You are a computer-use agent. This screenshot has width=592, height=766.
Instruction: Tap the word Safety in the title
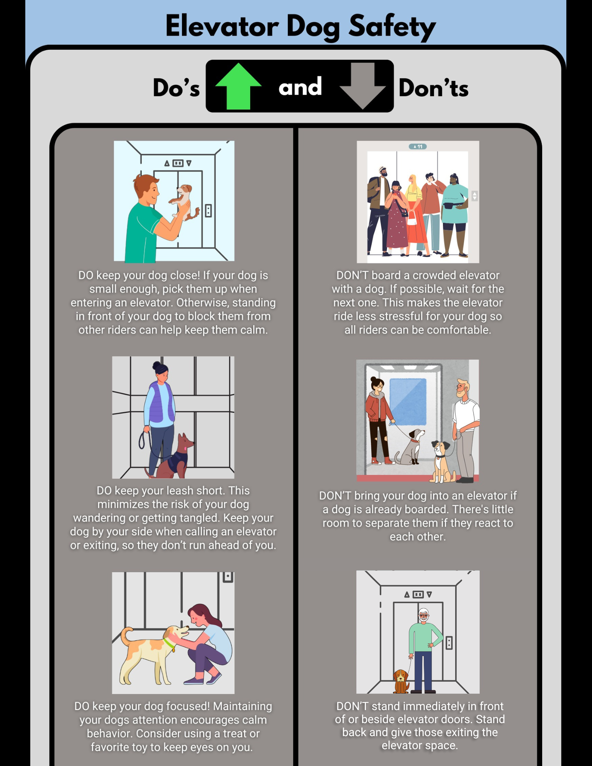coord(392,27)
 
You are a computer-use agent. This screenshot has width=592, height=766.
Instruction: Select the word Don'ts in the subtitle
coord(433,88)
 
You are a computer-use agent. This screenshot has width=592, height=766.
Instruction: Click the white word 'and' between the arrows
coord(300,87)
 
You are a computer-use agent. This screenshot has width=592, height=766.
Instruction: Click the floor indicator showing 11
coord(418,146)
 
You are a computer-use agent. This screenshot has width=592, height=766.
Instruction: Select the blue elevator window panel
coord(408,401)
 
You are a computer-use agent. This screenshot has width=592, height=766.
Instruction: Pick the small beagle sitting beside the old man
coord(401,681)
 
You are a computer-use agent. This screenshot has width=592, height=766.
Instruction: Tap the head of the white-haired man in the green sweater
coord(423,615)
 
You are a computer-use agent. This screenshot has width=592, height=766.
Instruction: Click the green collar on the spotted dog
coord(169,645)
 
